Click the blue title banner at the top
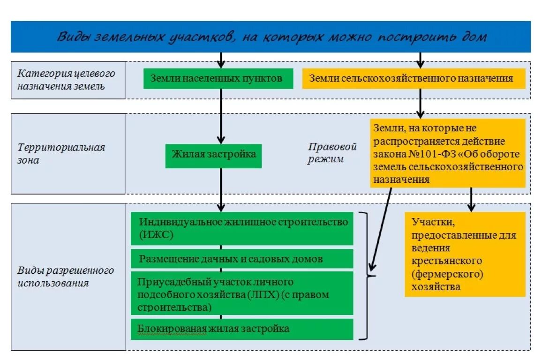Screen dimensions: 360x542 (271, 37)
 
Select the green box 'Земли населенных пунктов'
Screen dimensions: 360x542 (218, 79)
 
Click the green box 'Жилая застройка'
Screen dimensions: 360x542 (213, 155)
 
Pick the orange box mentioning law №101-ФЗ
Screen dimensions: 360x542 (448, 153)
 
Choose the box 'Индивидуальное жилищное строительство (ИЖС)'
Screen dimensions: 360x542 (242, 228)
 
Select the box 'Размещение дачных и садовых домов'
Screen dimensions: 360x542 (242, 259)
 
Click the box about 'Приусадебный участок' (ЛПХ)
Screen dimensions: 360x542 (242, 294)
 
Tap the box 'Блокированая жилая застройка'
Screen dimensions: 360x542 (242, 329)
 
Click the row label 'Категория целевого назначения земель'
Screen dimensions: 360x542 (68, 80)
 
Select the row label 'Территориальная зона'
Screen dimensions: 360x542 (68, 154)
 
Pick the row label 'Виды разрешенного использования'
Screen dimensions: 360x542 (68, 277)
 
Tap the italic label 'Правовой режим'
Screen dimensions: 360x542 (332, 153)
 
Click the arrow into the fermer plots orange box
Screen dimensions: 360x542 (472, 200)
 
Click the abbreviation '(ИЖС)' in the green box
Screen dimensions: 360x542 (156, 235)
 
